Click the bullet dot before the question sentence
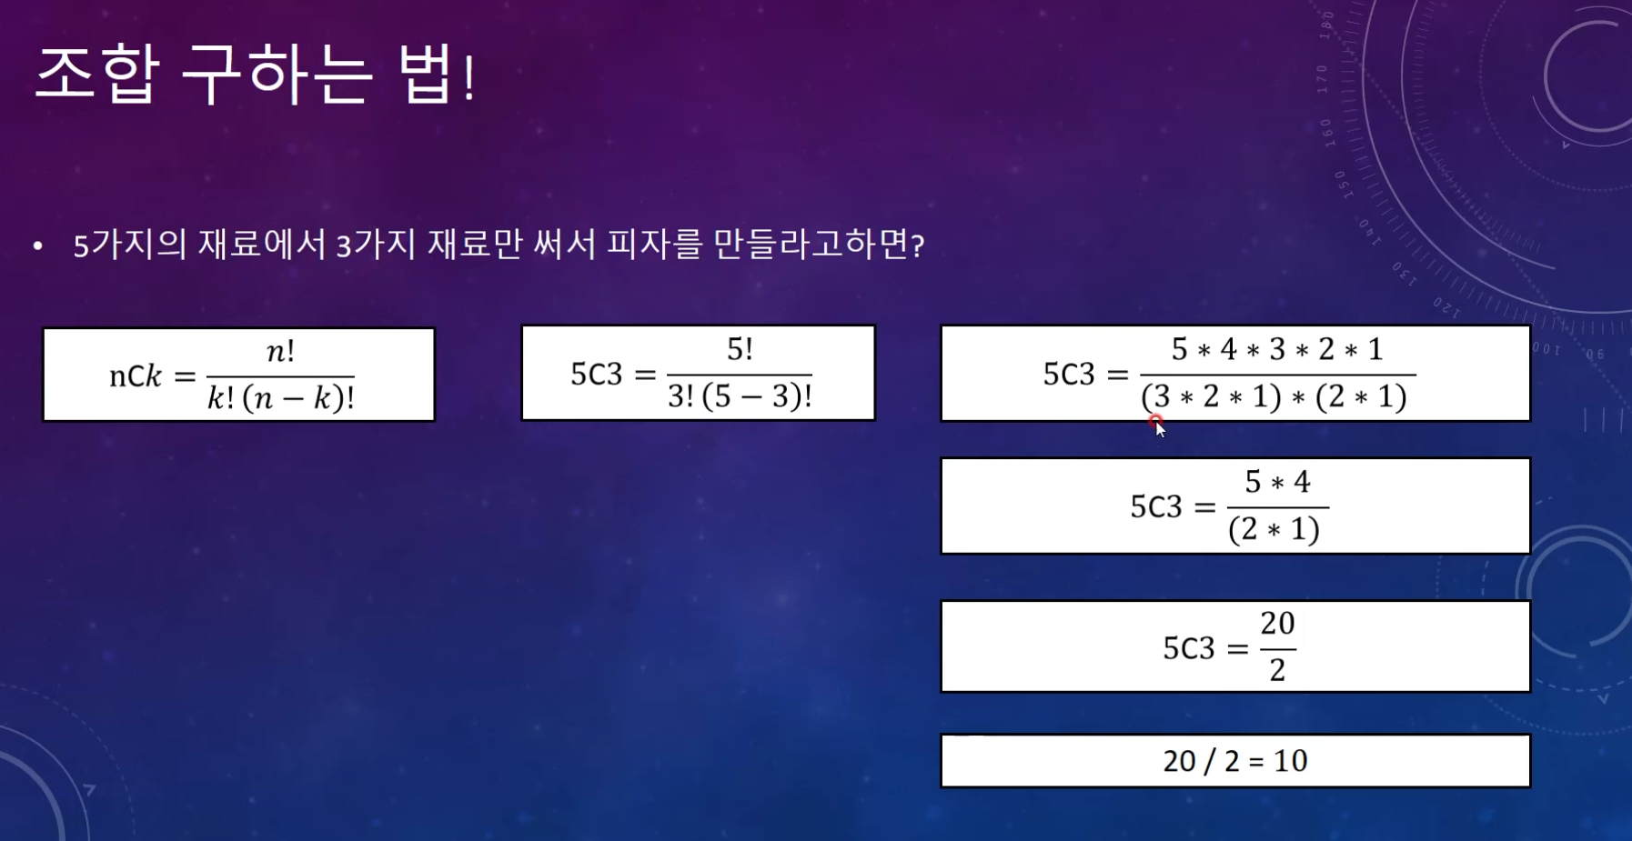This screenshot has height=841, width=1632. [37, 245]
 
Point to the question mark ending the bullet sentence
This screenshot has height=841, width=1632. [917, 245]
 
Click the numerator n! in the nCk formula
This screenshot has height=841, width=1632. [280, 351]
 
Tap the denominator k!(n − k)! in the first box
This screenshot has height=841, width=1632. [281, 398]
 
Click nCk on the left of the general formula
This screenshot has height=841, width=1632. [136, 375]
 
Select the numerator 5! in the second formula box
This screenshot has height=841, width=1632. [740, 349]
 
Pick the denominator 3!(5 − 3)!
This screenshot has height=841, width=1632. [740, 396]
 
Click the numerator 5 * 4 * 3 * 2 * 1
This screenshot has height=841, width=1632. [1277, 349]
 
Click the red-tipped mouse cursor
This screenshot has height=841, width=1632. [1157, 426]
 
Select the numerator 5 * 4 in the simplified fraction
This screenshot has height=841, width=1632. [1277, 482]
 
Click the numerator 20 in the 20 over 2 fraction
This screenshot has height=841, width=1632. [1277, 623]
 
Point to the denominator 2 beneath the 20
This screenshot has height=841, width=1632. [1277, 670]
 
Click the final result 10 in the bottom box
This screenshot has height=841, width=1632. [1290, 760]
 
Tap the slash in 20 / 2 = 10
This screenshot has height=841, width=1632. [1209, 761]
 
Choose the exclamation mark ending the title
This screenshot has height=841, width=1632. [468, 76]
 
